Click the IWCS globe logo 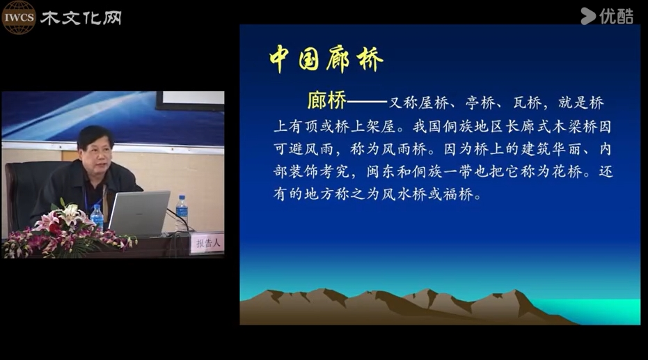[19, 17]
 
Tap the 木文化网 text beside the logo [81, 18]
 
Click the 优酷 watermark [607, 17]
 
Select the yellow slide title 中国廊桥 [326, 59]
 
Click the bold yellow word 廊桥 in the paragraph [326, 100]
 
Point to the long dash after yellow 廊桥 [367, 101]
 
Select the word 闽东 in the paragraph [381, 171]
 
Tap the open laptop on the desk [139, 213]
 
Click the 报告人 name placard [207, 243]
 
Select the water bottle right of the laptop [182, 212]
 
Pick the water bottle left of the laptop [97, 217]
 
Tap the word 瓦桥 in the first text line [528, 102]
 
